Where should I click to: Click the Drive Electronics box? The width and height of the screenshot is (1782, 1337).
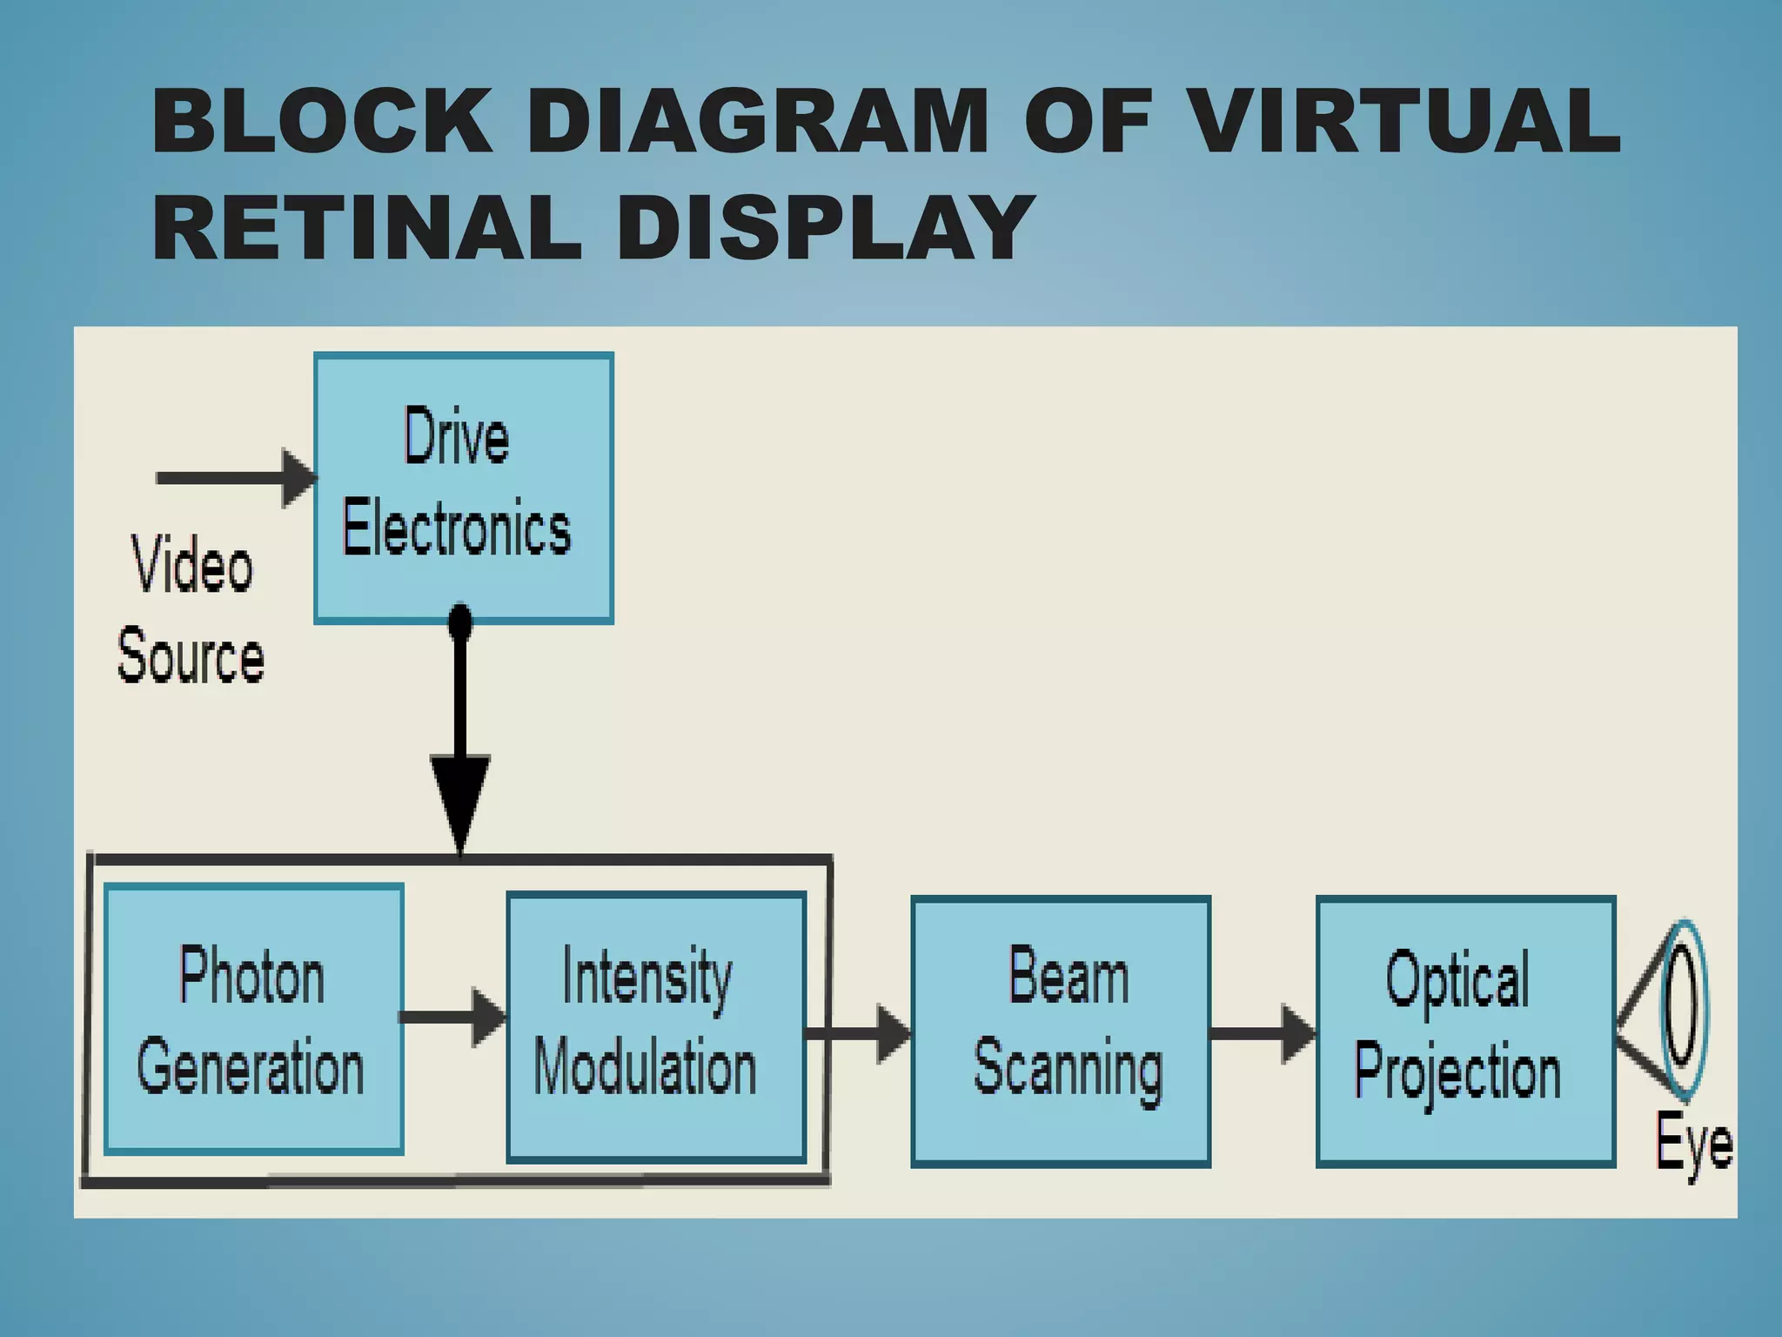click(464, 487)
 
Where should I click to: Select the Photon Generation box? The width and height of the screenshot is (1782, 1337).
click(253, 1019)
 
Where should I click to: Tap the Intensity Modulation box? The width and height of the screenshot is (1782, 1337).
click(656, 1027)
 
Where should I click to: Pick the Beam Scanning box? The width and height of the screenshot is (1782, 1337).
click(1061, 1031)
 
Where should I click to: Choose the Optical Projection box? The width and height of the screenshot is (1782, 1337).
click(1465, 1031)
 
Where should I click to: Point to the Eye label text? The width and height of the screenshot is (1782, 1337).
click(1692, 1143)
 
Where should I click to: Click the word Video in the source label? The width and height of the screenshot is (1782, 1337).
click(192, 565)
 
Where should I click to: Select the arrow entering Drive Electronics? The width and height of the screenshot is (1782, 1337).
click(235, 477)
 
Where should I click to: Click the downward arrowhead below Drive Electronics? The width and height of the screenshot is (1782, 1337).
click(460, 801)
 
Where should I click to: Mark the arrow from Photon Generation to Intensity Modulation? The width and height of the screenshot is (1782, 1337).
click(452, 1017)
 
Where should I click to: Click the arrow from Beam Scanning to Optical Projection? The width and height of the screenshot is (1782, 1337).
click(1262, 1033)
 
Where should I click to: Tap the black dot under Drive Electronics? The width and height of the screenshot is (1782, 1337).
click(460, 621)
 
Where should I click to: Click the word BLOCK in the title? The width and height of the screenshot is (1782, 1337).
click(322, 121)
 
